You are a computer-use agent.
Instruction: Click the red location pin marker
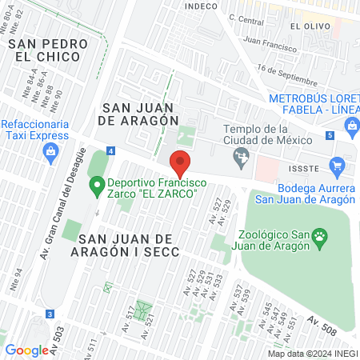tap(181, 163)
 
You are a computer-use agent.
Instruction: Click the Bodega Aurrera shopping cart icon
tap(336, 166)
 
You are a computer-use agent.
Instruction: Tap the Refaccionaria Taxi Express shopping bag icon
tap(52, 156)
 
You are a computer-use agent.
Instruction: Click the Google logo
tap(26, 350)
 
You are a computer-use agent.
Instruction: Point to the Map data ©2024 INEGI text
tap(312, 353)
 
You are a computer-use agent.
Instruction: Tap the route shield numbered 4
tap(110, 150)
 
